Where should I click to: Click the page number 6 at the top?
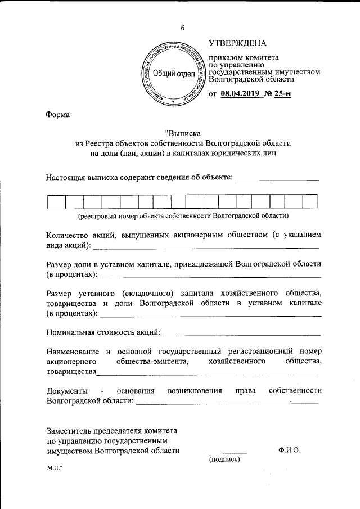(182, 28)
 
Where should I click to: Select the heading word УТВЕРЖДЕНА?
(238, 43)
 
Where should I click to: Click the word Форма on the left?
(58, 115)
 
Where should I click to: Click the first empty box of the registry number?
(56, 201)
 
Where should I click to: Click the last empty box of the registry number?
(310, 201)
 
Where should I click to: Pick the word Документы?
(67, 390)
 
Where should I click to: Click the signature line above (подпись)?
(224, 452)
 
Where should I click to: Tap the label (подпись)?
(224, 460)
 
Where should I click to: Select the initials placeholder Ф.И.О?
(289, 450)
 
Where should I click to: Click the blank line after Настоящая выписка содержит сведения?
(276, 179)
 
